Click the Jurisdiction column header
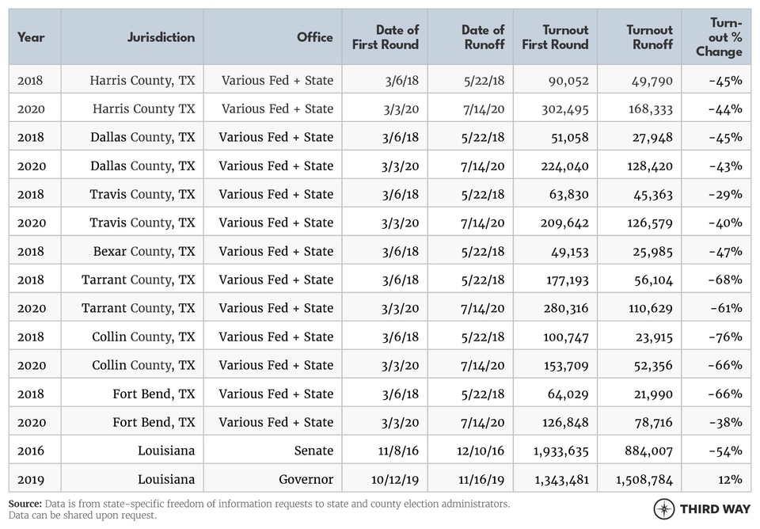[x=161, y=37]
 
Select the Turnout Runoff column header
[x=649, y=37]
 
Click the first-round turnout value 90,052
[x=568, y=80]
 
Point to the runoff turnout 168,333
[x=646, y=108]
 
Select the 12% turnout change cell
[x=731, y=479]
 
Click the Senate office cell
[x=313, y=451]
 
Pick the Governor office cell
[x=306, y=479]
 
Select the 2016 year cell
[x=31, y=451]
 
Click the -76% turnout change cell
[x=725, y=337]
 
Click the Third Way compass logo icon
[x=664, y=508]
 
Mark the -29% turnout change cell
[x=725, y=194]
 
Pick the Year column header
[x=31, y=37]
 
